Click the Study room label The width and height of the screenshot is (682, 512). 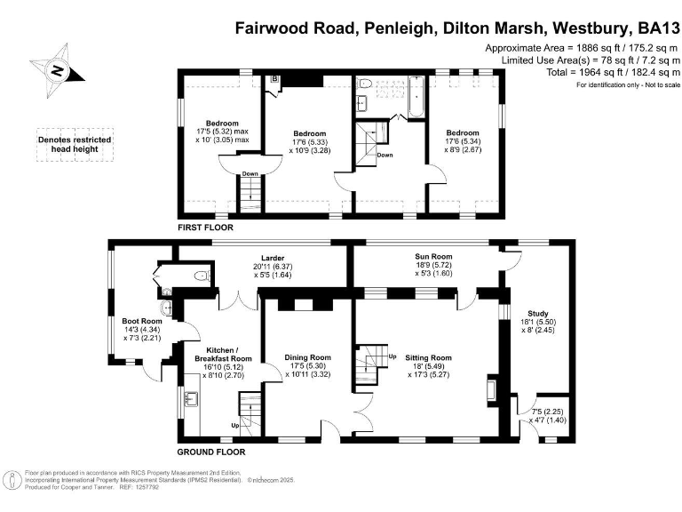(x=537, y=320)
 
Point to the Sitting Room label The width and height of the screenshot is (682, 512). (x=428, y=364)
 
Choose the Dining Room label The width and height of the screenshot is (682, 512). (x=307, y=364)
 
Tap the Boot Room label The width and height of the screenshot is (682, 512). (x=142, y=326)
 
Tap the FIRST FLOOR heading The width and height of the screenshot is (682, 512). (x=206, y=228)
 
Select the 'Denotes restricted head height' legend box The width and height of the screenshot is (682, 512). (x=67, y=144)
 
